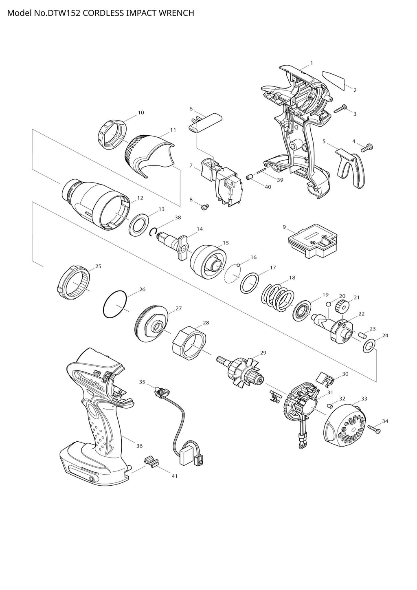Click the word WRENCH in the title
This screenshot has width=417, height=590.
(176, 13)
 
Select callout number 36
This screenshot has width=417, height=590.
(139, 446)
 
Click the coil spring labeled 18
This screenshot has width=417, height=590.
(278, 297)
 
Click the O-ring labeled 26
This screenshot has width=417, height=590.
(116, 304)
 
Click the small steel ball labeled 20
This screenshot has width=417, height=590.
(328, 304)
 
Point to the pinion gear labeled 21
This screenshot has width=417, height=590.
(341, 306)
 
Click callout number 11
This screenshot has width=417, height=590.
(173, 130)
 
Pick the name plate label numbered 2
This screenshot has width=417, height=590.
(333, 80)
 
